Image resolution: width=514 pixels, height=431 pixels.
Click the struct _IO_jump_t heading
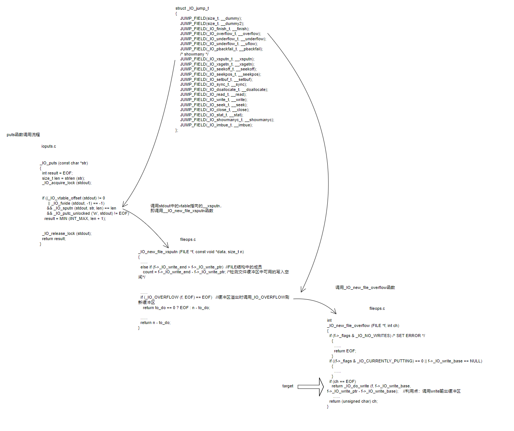[192, 8]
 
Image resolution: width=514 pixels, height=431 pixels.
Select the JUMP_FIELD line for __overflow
[220, 34]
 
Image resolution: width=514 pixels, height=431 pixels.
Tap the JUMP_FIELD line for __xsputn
[217, 59]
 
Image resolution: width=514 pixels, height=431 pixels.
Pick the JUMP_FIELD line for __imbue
[216, 125]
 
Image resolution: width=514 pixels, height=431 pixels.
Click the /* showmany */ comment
[194, 54]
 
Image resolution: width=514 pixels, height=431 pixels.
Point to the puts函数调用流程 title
[23, 135]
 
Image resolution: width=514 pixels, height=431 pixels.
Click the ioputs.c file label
[48, 146]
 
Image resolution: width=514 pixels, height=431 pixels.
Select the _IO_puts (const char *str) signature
[64, 163]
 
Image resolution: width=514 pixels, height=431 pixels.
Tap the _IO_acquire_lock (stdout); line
[67, 183]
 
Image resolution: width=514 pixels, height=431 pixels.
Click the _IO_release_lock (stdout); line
[67, 233]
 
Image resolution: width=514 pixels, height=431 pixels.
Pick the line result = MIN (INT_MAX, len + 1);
[75, 218]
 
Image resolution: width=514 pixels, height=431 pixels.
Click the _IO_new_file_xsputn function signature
[191, 252]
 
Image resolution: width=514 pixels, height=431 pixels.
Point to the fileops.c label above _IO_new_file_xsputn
[188, 239]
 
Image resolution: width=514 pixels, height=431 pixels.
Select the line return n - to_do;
[155, 323]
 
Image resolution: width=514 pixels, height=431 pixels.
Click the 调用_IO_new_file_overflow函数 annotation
[365, 287]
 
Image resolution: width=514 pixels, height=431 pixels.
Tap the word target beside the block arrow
[288, 386]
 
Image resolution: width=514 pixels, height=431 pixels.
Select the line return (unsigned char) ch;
[353, 401]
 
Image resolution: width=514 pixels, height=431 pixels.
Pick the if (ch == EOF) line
[343, 381]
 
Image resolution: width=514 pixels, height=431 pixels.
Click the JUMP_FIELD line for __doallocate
[224, 89]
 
